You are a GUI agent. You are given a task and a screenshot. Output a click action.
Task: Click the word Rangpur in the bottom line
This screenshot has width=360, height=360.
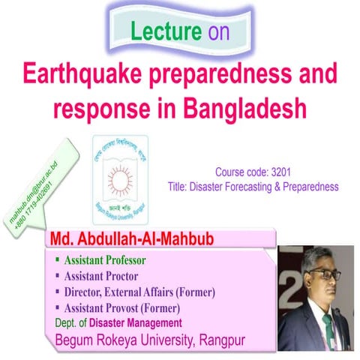(219, 341)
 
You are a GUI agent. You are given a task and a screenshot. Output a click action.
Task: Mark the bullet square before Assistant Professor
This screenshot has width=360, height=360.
(57, 261)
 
